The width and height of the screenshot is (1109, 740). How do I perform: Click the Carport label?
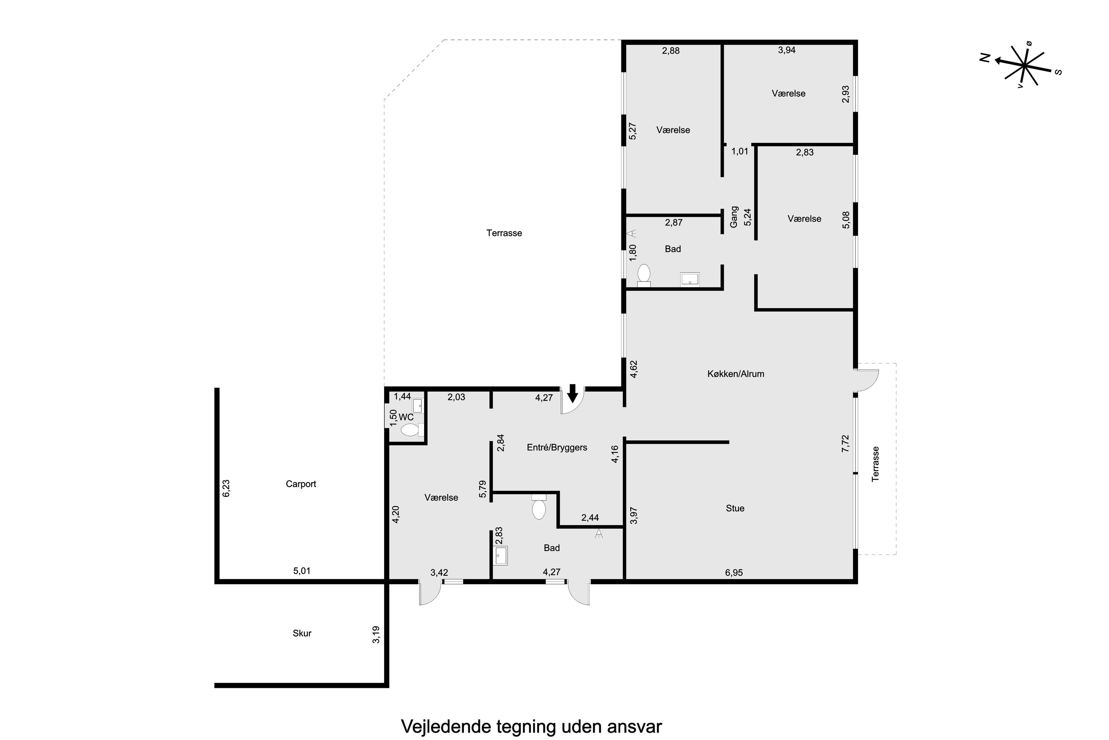pyautogui.click(x=301, y=484)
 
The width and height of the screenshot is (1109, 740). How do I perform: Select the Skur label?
pyautogui.click(x=302, y=633)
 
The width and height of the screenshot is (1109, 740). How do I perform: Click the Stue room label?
pyautogui.click(x=735, y=508)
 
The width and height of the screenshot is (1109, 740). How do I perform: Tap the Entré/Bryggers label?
pyautogui.click(x=557, y=447)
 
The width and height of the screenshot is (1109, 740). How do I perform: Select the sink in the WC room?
pyautogui.click(x=418, y=406)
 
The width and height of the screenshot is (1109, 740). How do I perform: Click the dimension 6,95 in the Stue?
pyautogui.click(x=734, y=572)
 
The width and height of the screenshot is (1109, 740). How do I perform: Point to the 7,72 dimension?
pyautogui.click(x=845, y=444)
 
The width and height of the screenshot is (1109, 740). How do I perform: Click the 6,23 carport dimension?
pyautogui.click(x=226, y=488)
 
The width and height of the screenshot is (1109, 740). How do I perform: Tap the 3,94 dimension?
pyautogui.click(x=787, y=50)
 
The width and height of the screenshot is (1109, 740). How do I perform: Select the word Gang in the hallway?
pyautogui.click(x=734, y=216)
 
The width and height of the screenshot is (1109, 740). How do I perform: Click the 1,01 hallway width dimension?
pyautogui.click(x=740, y=151)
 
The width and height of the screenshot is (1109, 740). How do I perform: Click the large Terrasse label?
pyautogui.click(x=504, y=233)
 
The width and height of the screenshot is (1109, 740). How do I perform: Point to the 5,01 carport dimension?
pyautogui.click(x=302, y=571)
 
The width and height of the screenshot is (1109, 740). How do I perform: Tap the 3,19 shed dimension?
pyautogui.click(x=376, y=635)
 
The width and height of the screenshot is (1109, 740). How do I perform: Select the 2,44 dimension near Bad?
pyautogui.click(x=590, y=518)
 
